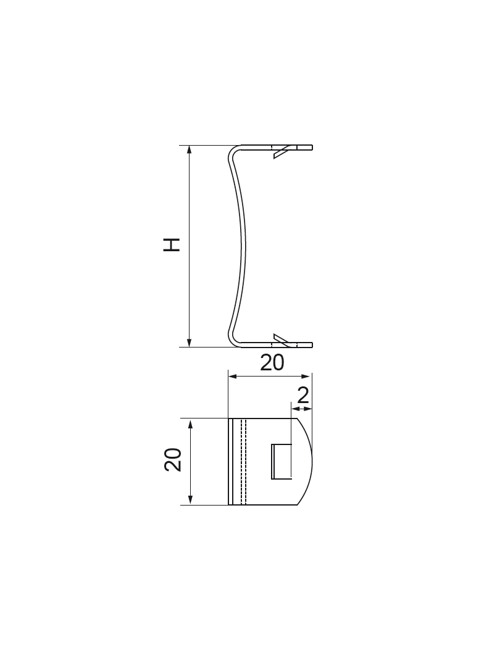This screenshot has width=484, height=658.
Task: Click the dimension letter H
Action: [172, 244]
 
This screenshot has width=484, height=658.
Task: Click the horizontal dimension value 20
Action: [272, 363]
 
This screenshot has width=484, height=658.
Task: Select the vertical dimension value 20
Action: [173, 460]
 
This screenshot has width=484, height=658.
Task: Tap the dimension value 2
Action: [303, 395]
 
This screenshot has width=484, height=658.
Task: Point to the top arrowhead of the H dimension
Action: [190, 150]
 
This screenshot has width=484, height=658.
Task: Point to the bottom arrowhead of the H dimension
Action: [190, 343]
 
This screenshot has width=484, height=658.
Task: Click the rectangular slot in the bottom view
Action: [282, 460]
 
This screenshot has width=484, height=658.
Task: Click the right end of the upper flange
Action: [312, 148]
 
